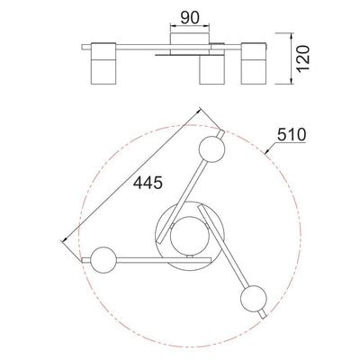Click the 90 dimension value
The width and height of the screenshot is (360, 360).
tap(190, 18)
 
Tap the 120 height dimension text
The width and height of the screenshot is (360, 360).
tap(303, 58)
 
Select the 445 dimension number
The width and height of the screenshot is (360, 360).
tap(148, 183)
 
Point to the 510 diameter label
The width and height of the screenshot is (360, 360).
tap(292, 134)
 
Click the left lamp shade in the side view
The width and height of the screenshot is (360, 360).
tap(103, 63)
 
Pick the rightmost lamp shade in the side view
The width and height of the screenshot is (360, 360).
tap(254, 63)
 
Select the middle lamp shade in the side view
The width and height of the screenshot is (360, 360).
tap(212, 69)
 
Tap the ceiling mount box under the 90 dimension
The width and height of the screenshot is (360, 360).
tap(190, 44)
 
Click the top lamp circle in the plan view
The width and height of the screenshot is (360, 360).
tap(211, 149)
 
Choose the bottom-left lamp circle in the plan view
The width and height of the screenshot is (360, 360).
tap(103, 260)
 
